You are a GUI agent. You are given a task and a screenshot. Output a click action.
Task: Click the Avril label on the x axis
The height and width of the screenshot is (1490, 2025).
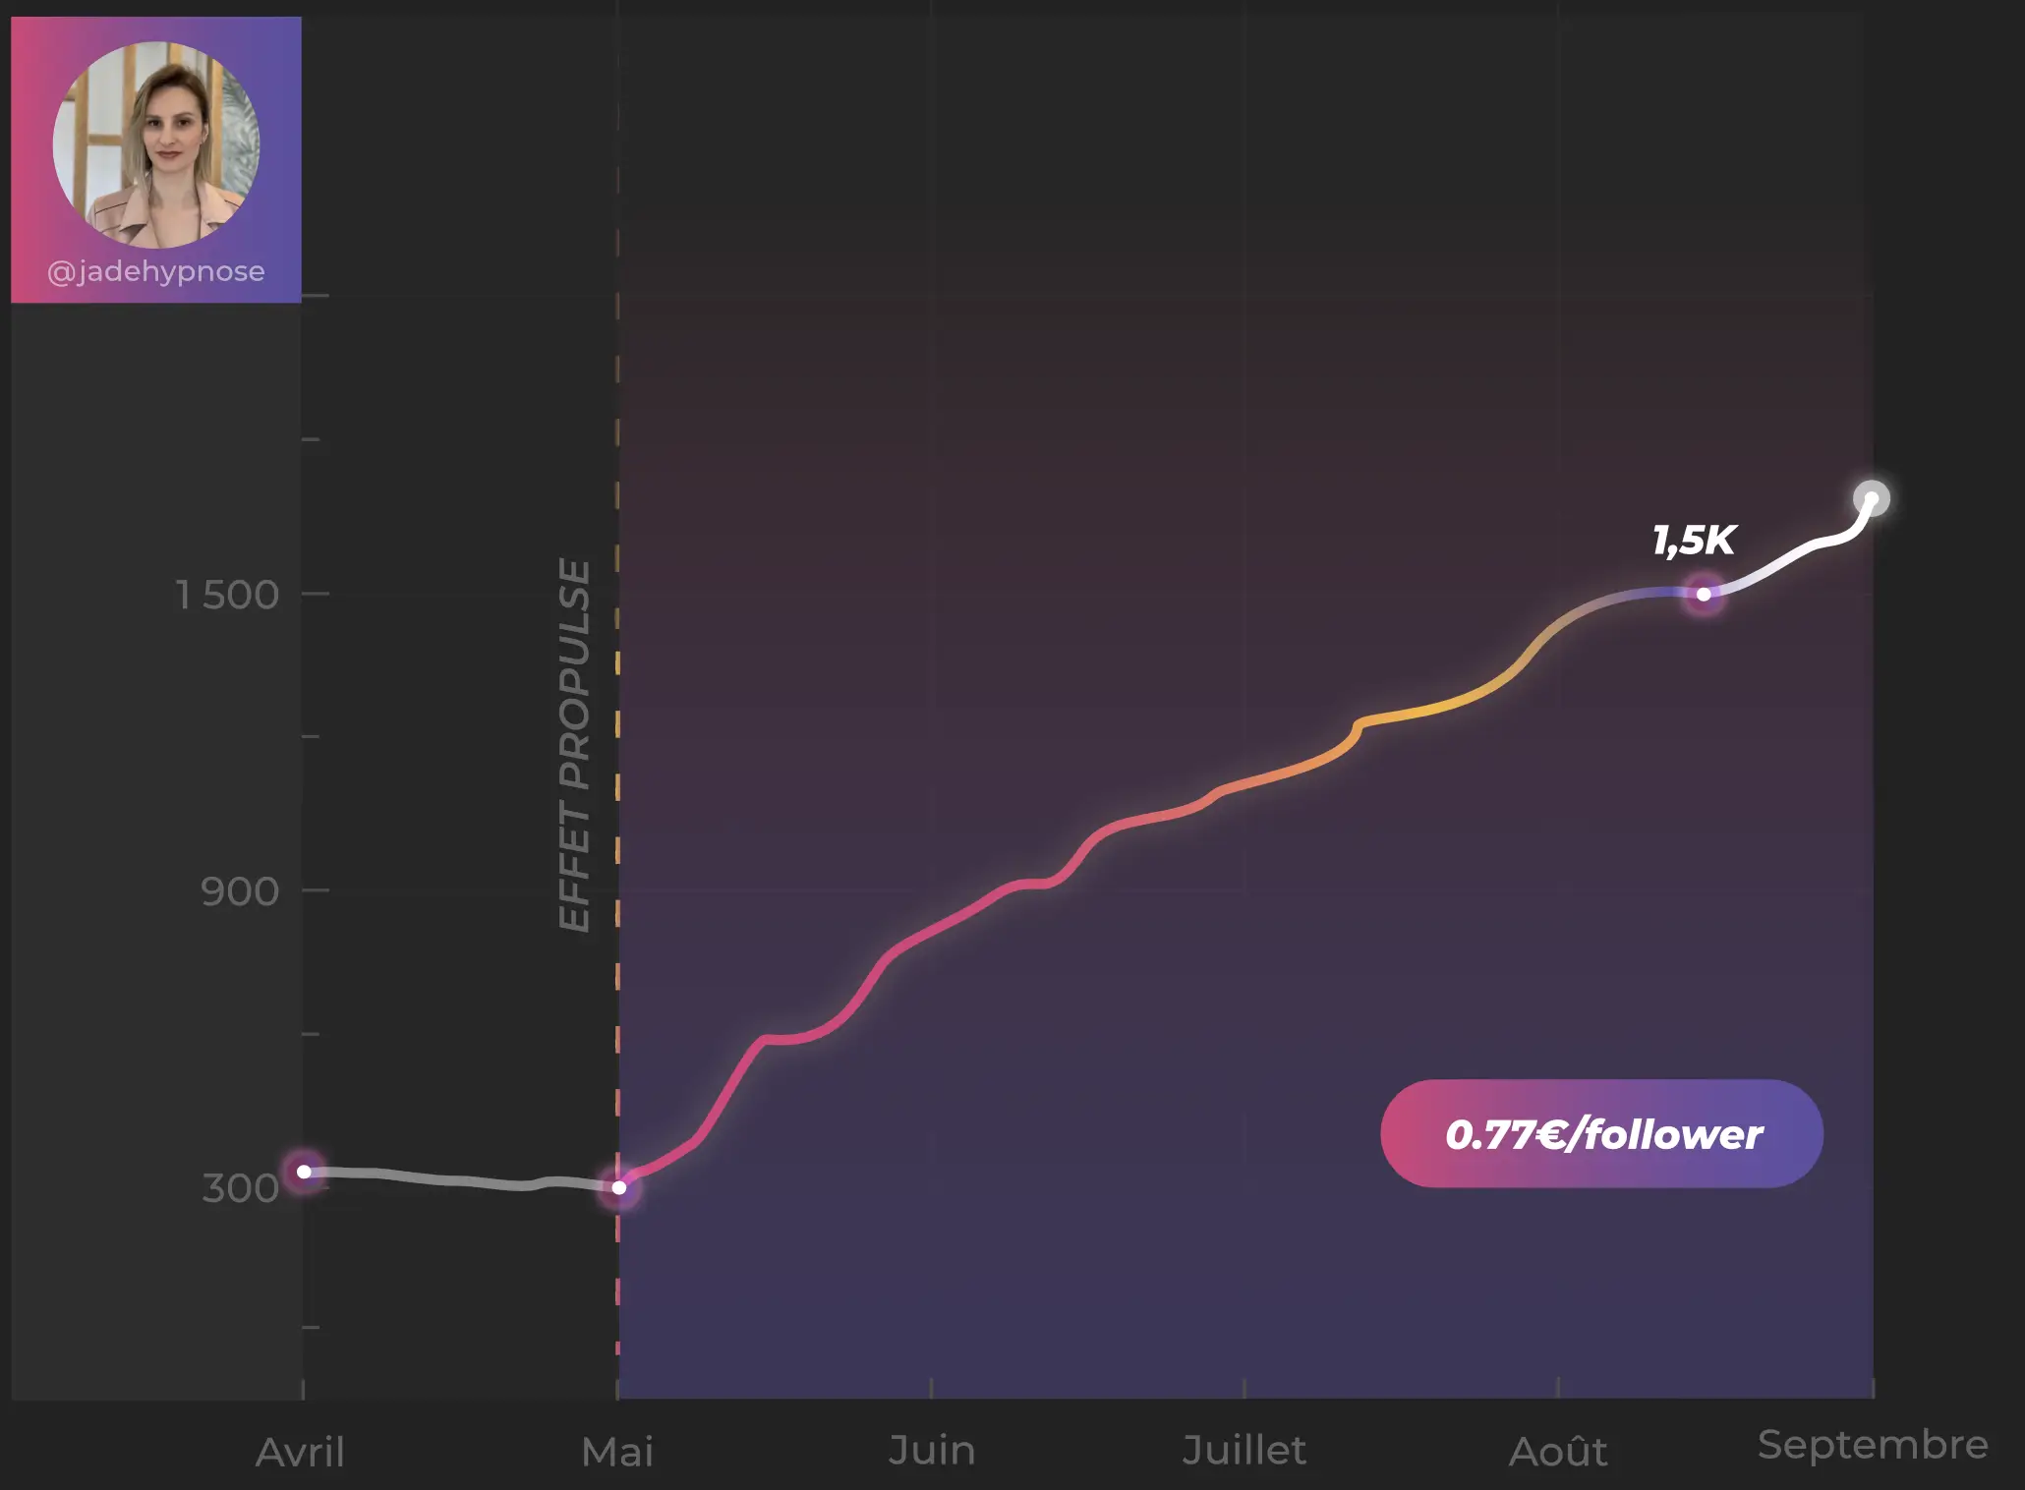[301, 1452]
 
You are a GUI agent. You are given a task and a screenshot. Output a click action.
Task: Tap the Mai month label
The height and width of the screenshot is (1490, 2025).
[617, 1452]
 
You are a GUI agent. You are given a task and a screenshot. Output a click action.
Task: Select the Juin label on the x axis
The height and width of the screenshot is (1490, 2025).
[931, 1450]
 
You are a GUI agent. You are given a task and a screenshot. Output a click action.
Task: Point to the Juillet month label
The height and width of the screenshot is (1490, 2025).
[1244, 1450]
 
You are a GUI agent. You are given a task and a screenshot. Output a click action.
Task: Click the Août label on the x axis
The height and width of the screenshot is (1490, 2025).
[1558, 1452]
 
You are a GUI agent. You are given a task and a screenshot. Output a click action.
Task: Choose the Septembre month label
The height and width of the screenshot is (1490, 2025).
[1873, 1445]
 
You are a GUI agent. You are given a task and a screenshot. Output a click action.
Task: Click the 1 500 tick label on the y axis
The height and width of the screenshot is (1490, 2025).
[227, 595]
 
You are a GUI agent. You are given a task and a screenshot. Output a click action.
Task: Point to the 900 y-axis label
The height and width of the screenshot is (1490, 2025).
[240, 891]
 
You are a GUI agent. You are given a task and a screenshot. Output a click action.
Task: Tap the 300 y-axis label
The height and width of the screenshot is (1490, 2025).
[240, 1187]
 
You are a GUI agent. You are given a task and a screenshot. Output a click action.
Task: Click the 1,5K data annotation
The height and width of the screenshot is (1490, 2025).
[1694, 540]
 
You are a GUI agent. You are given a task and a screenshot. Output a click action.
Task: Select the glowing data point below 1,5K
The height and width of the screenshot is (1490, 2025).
[1704, 594]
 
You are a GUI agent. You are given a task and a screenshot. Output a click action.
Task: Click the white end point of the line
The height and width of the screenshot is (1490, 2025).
[1872, 498]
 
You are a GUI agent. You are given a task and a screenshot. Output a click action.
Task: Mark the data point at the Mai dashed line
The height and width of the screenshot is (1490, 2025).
[619, 1187]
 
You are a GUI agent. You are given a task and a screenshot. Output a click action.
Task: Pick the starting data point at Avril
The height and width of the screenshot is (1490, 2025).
[305, 1172]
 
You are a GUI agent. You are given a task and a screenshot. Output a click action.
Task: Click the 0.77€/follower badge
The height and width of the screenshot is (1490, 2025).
[1602, 1134]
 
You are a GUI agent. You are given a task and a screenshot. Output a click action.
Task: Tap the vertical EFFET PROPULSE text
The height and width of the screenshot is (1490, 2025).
[575, 744]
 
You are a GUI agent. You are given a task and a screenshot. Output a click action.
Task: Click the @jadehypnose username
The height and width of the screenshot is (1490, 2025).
[156, 271]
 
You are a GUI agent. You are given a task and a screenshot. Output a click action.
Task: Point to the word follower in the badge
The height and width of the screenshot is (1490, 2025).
[1673, 1134]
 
